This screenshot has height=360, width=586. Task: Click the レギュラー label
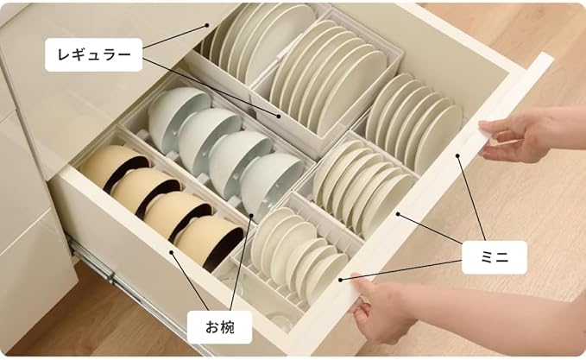pyautogui.click(x=94, y=56)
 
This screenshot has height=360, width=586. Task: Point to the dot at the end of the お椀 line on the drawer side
pyautogui.click(x=172, y=253)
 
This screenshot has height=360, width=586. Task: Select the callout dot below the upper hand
pyautogui.click(x=458, y=156)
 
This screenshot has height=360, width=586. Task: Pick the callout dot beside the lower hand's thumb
pyautogui.click(x=341, y=279)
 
